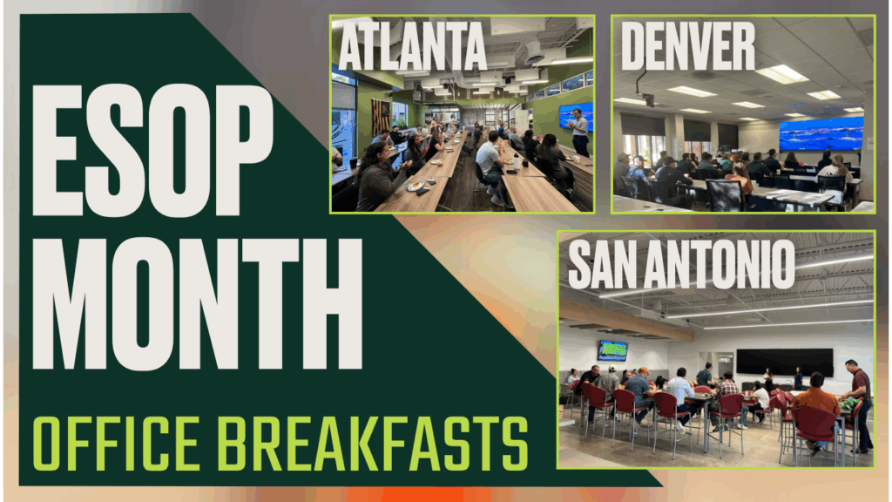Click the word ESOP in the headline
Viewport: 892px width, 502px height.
click(152, 150)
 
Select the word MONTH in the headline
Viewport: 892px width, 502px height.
click(197, 304)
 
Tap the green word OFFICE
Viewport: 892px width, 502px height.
click(116, 444)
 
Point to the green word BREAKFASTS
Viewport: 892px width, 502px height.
click(373, 444)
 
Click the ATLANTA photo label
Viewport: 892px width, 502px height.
click(412, 47)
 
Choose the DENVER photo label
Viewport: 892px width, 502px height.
click(688, 47)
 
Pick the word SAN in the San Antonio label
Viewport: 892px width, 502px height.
click(602, 265)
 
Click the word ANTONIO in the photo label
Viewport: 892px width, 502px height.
click(720, 265)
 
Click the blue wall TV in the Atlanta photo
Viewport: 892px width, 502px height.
click(576, 118)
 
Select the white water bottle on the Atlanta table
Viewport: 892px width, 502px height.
click(517, 161)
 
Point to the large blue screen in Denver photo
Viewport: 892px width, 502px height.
click(821, 133)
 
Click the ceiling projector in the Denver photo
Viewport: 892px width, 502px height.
click(647, 99)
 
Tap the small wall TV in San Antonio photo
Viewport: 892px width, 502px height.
click(612, 350)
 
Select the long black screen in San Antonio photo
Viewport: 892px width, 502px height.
click(785, 363)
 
